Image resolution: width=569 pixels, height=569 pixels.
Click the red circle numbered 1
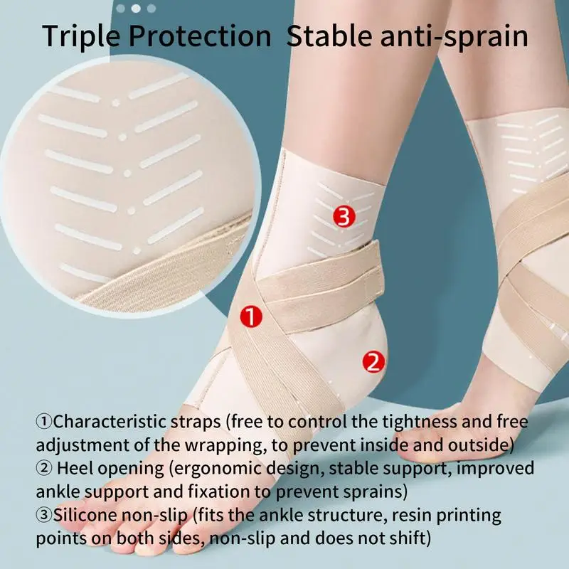click(251, 317)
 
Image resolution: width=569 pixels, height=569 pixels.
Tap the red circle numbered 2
click(373, 362)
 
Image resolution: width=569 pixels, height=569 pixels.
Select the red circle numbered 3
click(344, 217)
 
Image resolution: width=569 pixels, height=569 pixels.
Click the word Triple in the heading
click(80, 37)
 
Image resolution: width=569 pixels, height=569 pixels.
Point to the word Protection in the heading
click(200, 37)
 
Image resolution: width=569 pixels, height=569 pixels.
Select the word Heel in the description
click(74, 468)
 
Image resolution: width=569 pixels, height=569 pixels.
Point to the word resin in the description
click(410, 514)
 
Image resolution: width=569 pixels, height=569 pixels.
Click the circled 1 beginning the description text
click(44, 422)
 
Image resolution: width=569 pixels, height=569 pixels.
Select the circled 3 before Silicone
click(44, 514)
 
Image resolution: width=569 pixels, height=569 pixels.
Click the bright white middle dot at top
click(136, 9)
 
